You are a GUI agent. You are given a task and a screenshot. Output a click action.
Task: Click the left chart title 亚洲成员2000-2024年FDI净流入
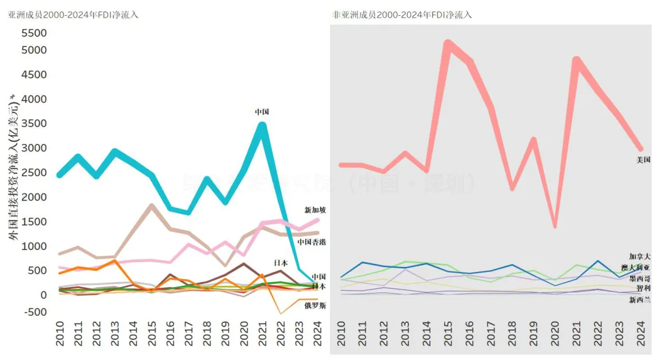pyautogui.click(x=73, y=15)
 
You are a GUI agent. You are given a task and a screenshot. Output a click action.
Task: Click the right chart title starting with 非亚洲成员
pyautogui.click(x=402, y=15)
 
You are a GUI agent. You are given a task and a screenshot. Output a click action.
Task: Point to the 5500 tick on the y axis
pyautogui.click(x=34, y=33)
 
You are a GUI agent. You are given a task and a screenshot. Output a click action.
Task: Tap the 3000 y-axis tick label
pyautogui.click(x=34, y=148)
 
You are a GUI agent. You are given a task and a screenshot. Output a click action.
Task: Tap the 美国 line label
pyautogui.click(x=644, y=160)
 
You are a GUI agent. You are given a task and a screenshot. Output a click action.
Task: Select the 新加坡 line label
pyautogui.click(x=315, y=210)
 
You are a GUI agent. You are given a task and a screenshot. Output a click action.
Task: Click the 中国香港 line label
pyautogui.click(x=311, y=242)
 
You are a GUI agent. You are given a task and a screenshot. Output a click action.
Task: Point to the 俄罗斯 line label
pyautogui.click(x=315, y=305)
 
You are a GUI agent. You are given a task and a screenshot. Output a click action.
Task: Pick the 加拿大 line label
pyautogui.click(x=639, y=257)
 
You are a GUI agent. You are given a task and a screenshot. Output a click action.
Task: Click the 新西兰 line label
pyautogui.click(x=639, y=299)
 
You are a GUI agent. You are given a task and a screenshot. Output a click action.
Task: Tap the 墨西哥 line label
pyautogui.click(x=639, y=278)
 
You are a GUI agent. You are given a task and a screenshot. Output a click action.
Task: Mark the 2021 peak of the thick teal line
pyautogui.click(x=262, y=126)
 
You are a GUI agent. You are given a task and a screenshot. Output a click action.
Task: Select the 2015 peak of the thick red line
pyautogui.click(x=448, y=44)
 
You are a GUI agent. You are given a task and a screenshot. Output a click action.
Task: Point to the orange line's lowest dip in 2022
pyautogui.click(x=281, y=314)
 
